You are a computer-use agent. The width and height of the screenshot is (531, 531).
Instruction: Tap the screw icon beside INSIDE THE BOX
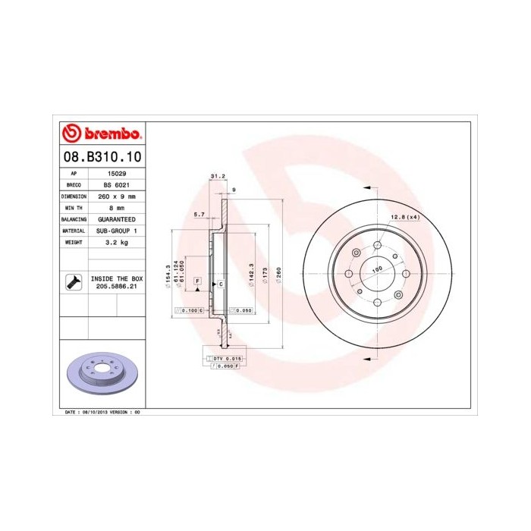[74, 283]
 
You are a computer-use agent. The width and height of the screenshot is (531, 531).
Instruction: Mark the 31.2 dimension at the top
[217, 177]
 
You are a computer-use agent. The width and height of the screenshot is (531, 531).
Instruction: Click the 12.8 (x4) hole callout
[404, 218]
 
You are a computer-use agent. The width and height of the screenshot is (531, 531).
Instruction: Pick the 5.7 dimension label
[200, 215]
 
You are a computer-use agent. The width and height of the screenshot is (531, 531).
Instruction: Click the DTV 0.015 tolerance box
[226, 357]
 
